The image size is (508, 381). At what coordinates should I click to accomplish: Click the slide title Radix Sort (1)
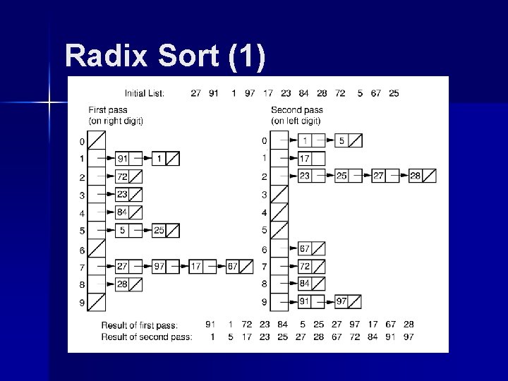click(x=165, y=56)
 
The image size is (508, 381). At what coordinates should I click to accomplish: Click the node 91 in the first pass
click(x=123, y=158)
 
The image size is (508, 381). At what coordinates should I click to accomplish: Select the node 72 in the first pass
click(x=123, y=176)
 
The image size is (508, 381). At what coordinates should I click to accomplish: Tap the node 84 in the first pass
click(x=123, y=212)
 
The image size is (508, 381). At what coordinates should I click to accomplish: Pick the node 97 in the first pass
click(x=159, y=266)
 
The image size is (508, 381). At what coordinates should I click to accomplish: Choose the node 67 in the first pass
click(x=234, y=266)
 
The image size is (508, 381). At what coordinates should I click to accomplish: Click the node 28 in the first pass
click(x=123, y=284)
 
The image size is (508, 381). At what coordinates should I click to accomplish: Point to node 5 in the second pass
click(x=341, y=140)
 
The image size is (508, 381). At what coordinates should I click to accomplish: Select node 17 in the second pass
click(x=305, y=158)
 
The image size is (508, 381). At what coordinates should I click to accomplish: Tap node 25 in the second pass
click(x=341, y=176)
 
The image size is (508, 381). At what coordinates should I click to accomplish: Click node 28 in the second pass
click(x=416, y=176)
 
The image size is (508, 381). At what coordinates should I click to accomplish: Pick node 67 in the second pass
click(x=305, y=248)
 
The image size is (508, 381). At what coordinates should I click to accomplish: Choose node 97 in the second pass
click(x=341, y=301)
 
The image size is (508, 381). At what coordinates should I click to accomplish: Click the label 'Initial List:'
click(x=145, y=93)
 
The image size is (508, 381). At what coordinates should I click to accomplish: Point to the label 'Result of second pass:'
click(x=146, y=337)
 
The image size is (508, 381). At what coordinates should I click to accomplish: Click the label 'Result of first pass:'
click(x=139, y=325)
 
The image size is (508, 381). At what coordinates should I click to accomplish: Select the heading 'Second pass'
click(x=297, y=110)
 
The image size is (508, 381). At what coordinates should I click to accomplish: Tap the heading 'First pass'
click(x=107, y=110)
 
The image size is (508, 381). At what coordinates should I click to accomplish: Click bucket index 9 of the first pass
click(x=83, y=303)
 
